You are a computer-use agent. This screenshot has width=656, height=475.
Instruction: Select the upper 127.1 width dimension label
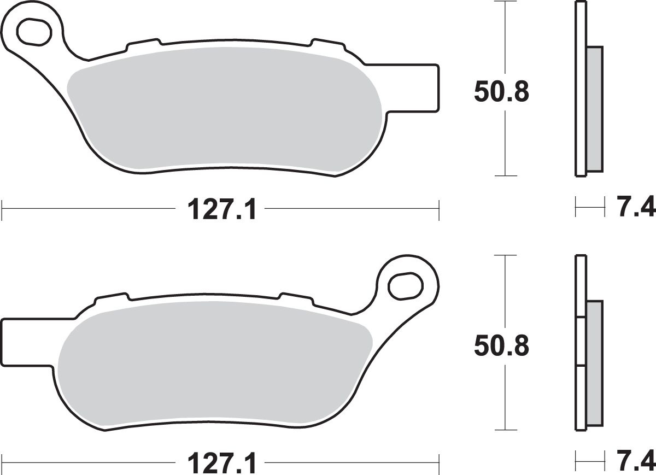click(x=221, y=210)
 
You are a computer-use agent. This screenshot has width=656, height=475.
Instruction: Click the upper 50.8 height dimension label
click(x=501, y=92)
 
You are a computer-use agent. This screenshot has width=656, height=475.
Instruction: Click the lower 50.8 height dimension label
click(x=501, y=345)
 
